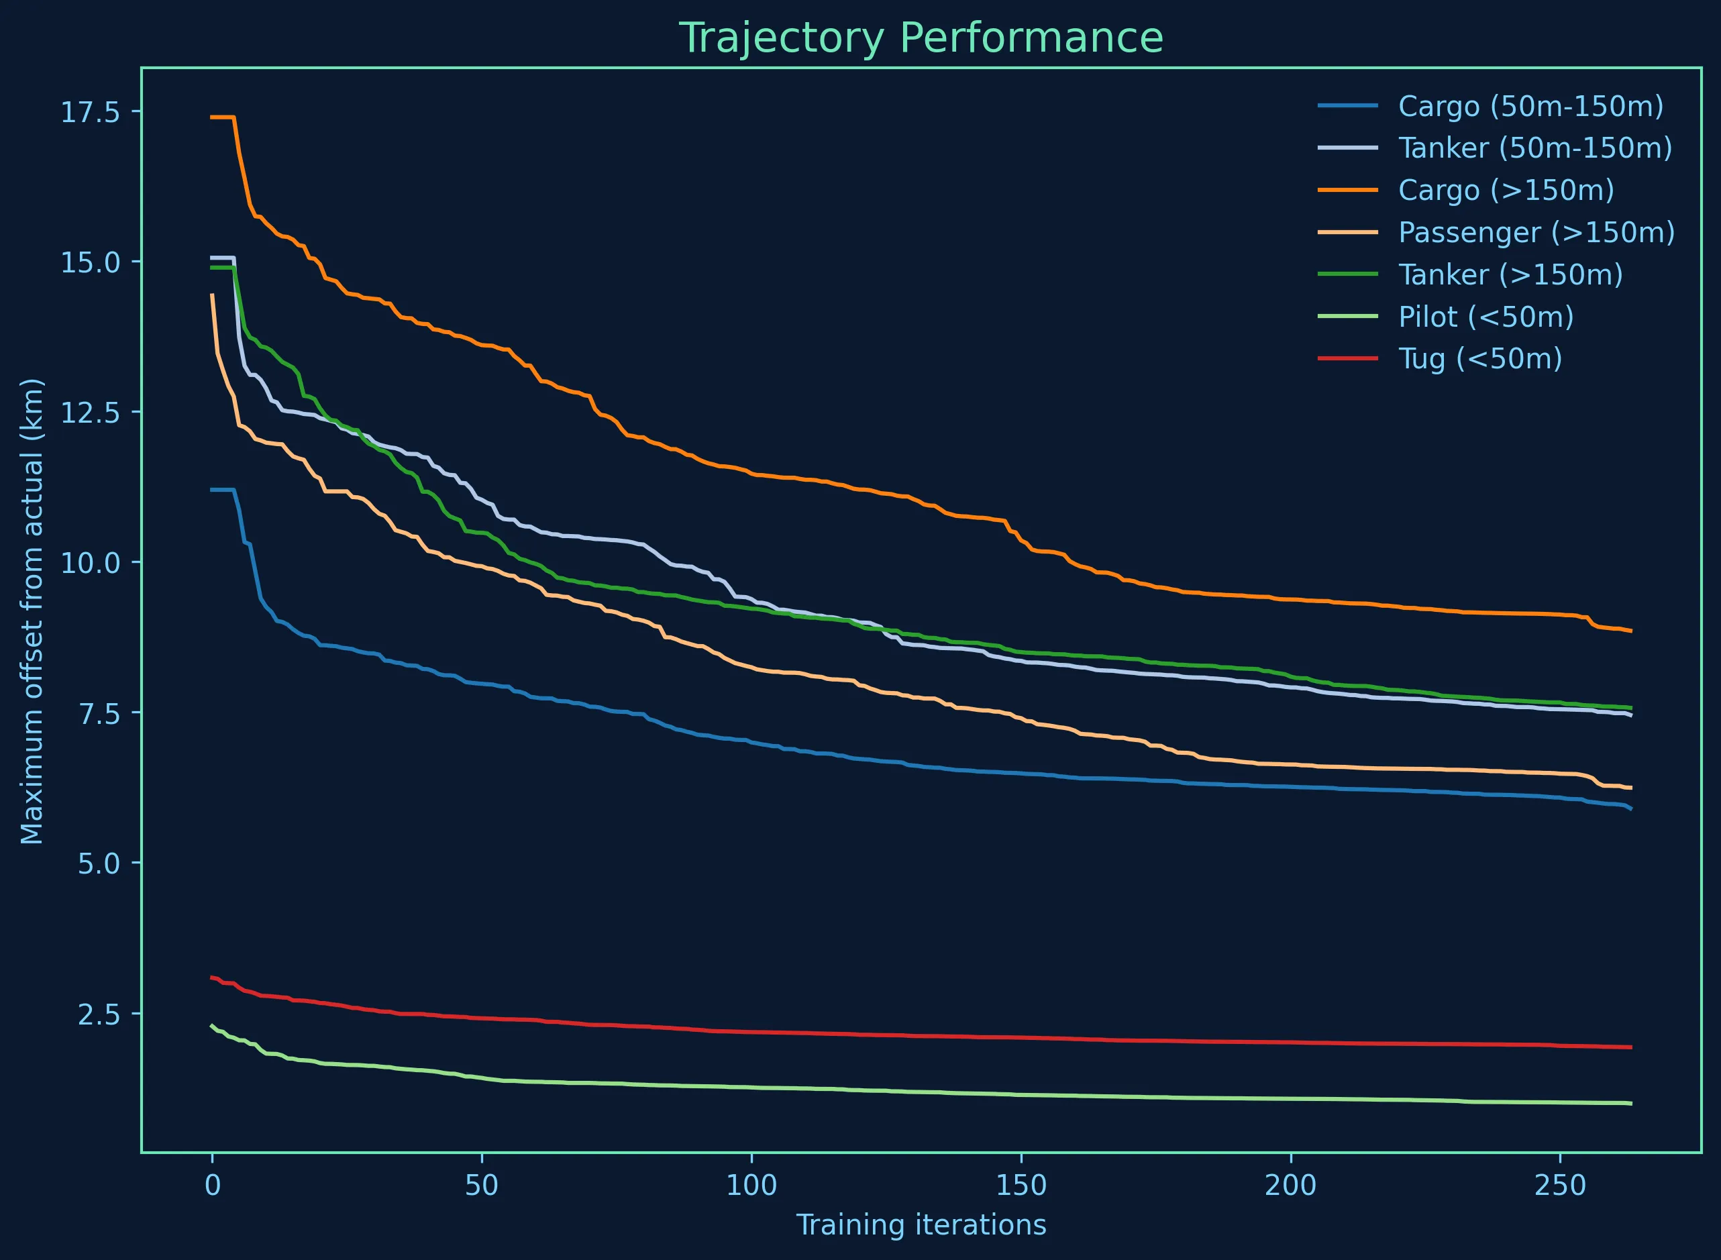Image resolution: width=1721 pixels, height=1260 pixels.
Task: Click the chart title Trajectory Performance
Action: click(x=921, y=38)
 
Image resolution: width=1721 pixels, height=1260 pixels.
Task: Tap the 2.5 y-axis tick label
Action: click(x=99, y=1014)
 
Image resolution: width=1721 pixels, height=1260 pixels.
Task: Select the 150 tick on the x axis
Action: click(x=1021, y=1187)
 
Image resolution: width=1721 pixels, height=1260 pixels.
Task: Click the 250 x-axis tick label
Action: click(x=1560, y=1187)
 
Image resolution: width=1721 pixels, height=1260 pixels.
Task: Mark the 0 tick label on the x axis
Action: click(x=213, y=1187)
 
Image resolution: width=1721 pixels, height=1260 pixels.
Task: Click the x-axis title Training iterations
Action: click(x=921, y=1226)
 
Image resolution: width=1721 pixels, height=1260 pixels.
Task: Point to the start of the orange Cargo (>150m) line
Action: click(x=213, y=117)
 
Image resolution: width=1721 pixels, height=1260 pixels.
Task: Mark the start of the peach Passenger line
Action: click(x=213, y=295)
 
